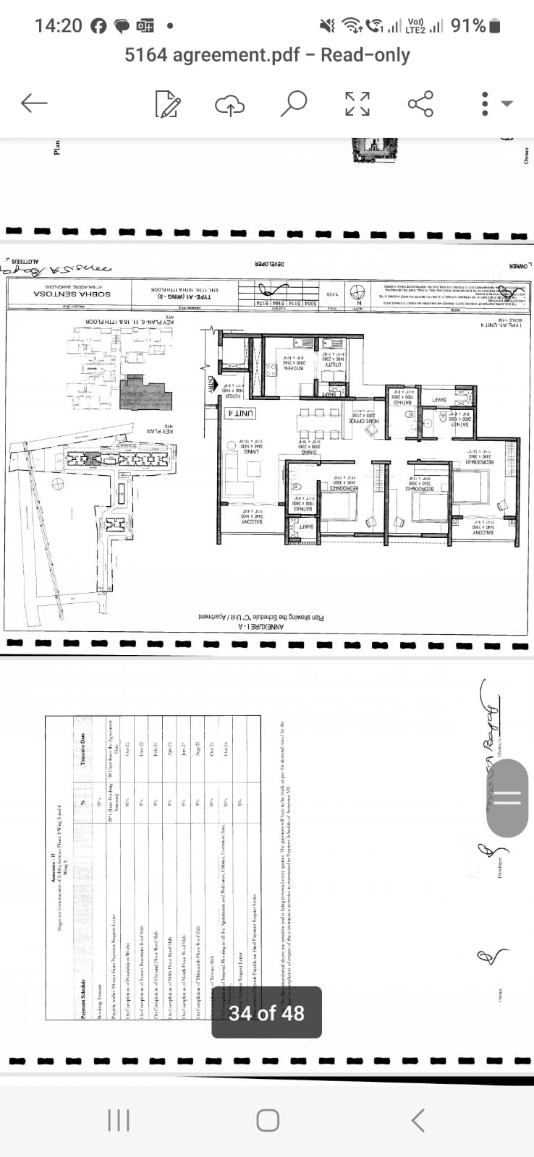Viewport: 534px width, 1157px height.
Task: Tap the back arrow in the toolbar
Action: [34, 103]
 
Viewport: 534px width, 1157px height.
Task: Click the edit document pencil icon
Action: [168, 103]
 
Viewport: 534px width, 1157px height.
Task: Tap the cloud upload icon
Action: [230, 104]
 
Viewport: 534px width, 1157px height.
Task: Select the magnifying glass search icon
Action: [293, 103]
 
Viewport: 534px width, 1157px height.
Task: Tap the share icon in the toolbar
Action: [420, 103]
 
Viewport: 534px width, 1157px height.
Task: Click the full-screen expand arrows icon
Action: [357, 103]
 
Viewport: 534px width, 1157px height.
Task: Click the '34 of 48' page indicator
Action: [266, 1013]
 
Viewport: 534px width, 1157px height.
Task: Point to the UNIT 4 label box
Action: [241, 414]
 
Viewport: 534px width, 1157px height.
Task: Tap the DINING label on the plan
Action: [310, 452]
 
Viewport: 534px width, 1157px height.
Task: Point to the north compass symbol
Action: [357, 293]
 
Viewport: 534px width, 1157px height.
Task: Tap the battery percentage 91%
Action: [468, 26]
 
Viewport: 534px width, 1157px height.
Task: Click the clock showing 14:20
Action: [58, 26]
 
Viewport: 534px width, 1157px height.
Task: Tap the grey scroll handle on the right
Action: [507, 797]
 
